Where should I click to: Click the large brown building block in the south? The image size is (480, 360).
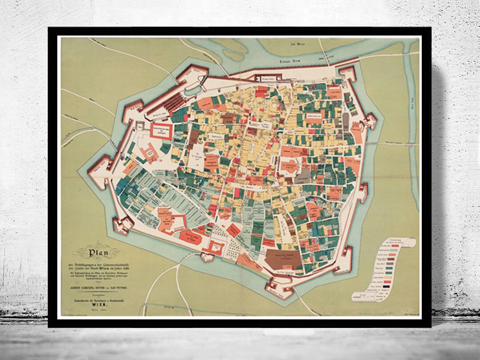tap(285, 258)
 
